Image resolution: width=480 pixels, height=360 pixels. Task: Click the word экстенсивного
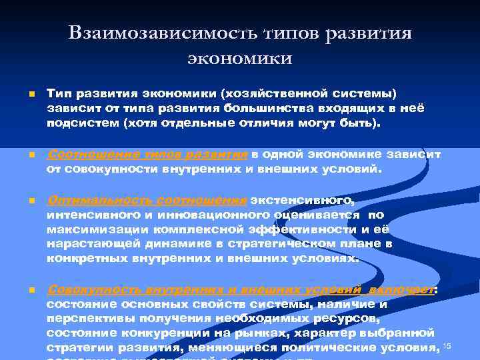pyautogui.click(x=305, y=200)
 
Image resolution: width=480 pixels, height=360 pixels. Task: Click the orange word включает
pyautogui.click(x=403, y=289)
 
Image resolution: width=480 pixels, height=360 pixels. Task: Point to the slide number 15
pyautogui.click(x=447, y=345)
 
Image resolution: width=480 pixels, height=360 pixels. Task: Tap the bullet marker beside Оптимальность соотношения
pyautogui.click(x=23, y=201)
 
